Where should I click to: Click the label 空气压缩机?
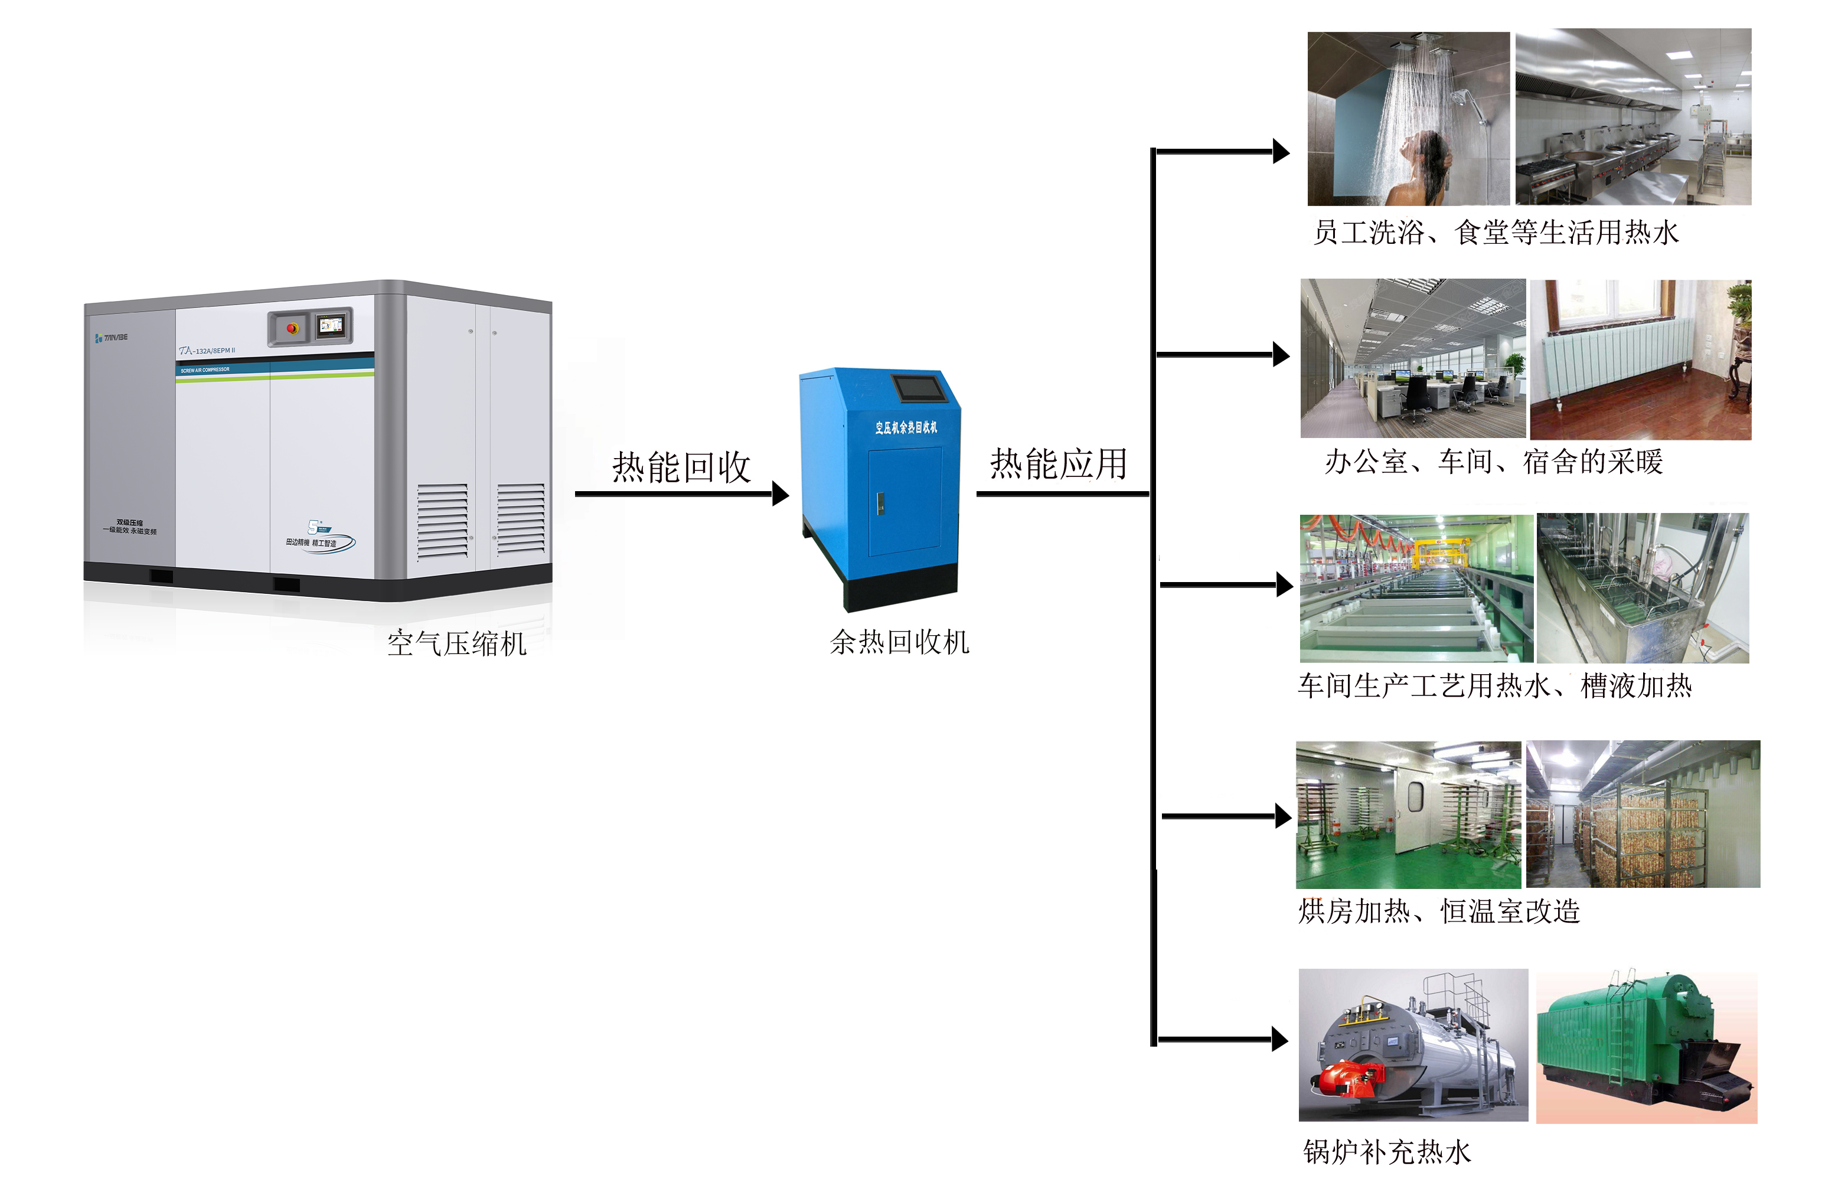tap(456, 643)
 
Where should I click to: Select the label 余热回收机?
tap(899, 642)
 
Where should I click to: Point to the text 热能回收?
tap(681, 468)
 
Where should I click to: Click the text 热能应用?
tap(1058, 464)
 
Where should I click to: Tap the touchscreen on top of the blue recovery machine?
tap(918, 387)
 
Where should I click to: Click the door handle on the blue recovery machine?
tap(880, 504)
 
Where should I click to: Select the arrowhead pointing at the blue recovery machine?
tap(781, 494)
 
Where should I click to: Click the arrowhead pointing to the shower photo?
tap(1281, 152)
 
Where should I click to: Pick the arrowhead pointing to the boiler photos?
tap(1279, 1039)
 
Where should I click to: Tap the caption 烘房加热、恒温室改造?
tap(1439, 911)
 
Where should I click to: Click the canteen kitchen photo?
tap(1633, 117)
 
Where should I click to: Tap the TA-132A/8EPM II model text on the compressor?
tap(207, 351)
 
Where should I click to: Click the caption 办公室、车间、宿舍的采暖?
tap(1493, 462)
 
